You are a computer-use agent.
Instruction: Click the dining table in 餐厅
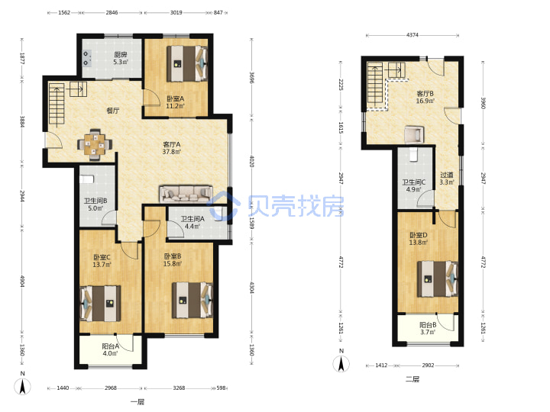[95, 144]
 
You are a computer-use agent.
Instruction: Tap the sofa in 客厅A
[186, 194]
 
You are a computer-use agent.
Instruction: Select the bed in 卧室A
[187, 63]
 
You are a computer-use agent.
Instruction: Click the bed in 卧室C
[100, 304]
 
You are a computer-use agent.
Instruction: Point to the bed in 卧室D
[438, 279]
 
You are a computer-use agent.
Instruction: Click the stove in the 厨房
[87, 59]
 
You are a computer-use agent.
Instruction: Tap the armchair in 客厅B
[414, 134]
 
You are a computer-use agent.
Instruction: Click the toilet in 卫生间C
[414, 154]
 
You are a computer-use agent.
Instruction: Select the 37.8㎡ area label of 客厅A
[172, 152]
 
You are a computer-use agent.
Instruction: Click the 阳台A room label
[111, 346]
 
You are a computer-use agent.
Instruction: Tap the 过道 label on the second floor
[447, 175]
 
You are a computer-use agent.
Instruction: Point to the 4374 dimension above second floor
[412, 35]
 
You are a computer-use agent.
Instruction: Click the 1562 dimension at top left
[64, 13]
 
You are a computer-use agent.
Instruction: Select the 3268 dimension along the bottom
[179, 388]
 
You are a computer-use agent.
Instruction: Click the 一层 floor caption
[137, 402]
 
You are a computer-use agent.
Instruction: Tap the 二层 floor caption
[412, 379]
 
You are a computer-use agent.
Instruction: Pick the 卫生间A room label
[192, 219]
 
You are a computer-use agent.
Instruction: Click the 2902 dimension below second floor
[428, 365]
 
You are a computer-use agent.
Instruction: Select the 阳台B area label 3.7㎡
[428, 332]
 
